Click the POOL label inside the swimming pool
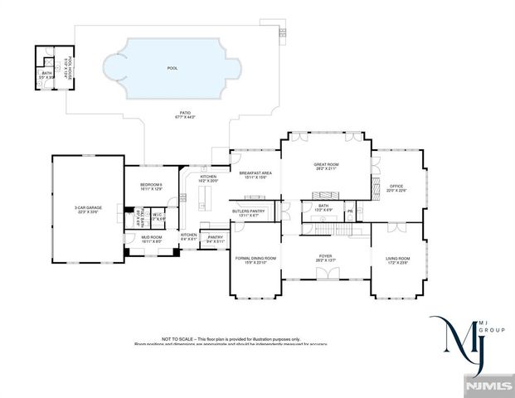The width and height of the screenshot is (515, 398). click(x=172, y=68)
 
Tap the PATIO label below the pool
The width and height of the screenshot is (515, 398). click(x=184, y=113)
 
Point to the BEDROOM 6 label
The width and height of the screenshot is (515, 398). click(x=151, y=184)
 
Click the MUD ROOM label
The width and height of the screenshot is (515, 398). click(x=150, y=237)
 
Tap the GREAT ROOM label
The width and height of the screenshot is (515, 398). click(x=326, y=165)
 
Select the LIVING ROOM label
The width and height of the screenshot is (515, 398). click(x=397, y=259)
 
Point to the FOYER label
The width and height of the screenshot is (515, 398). click(x=325, y=256)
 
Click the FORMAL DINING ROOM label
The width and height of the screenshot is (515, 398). click(x=255, y=259)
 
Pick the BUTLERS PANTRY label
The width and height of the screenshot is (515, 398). click(x=249, y=211)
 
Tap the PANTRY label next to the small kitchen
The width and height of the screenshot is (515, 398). click(x=215, y=237)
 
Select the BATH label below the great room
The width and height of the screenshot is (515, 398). click(x=323, y=206)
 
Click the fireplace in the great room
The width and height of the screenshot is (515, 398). click(x=324, y=194)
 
